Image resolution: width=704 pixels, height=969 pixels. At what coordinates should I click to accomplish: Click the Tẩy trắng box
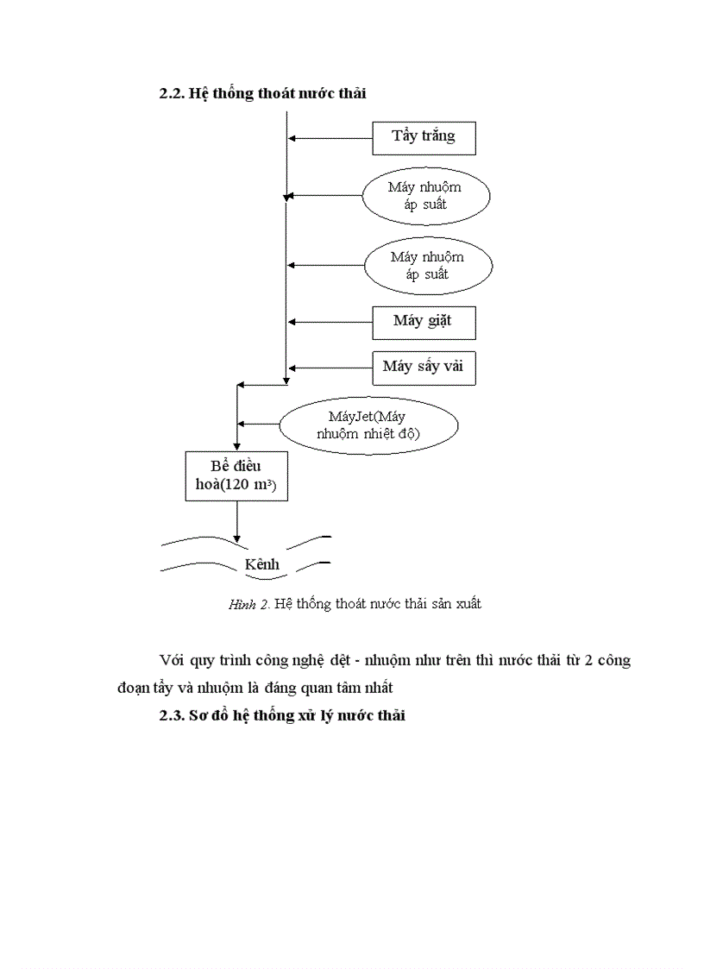coord(424,137)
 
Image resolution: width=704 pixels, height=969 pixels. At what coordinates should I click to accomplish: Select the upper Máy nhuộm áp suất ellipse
coord(426,197)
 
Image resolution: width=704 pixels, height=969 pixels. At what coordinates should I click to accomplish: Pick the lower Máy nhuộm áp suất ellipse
coord(428,266)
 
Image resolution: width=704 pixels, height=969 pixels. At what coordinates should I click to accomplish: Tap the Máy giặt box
coord(424,322)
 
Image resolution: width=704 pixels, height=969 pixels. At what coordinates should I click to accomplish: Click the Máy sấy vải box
coord(424,367)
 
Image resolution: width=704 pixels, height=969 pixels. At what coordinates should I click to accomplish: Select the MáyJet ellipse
coord(368,425)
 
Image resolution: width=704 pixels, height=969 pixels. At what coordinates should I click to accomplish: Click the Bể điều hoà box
coord(236,475)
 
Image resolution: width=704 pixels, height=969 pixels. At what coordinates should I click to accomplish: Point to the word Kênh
coord(262,564)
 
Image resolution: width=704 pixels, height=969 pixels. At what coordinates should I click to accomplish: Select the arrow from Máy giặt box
coord(330,322)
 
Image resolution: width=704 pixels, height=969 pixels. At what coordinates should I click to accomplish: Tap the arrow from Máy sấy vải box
coord(330,367)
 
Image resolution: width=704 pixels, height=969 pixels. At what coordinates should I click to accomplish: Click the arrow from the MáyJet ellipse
coord(259,424)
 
